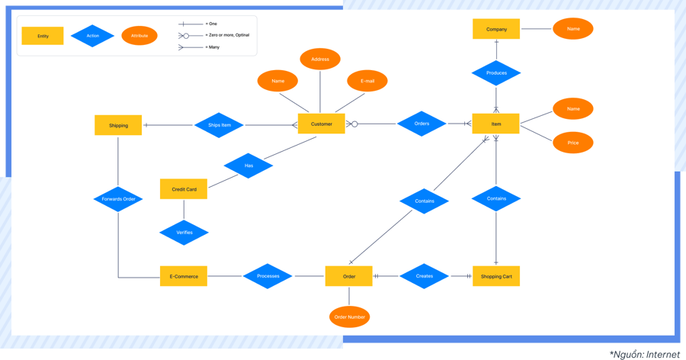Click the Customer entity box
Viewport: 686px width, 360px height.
pyautogui.click(x=321, y=124)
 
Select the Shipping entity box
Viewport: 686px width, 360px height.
pyautogui.click(x=118, y=125)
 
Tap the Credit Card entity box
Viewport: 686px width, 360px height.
pyautogui.click(x=184, y=189)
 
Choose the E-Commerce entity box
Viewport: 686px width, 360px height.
pyautogui.click(x=184, y=276)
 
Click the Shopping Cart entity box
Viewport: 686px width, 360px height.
pyautogui.click(x=496, y=276)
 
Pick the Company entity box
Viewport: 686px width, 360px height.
pyautogui.click(x=496, y=29)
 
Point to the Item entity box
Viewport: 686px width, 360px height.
pyautogui.click(x=496, y=124)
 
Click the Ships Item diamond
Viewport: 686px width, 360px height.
pyautogui.click(x=219, y=125)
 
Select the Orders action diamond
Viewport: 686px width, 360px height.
pyautogui.click(x=422, y=124)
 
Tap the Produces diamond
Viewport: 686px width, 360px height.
pyautogui.click(x=496, y=73)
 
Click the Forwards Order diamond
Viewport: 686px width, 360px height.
pyautogui.click(x=118, y=199)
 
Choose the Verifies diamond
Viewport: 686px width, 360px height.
pyautogui.click(x=184, y=233)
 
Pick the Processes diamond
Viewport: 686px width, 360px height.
pyautogui.click(x=268, y=276)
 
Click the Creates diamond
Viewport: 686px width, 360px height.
pyautogui.click(x=424, y=276)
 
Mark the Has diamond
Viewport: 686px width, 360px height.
pyautogui.click(x=248, y=166)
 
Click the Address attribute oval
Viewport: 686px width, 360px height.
pyautogui.click(x=320, y=59)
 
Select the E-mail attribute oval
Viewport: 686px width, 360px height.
pyautogui.click(x=367, y=81)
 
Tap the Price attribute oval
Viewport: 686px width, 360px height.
pyautogui.click(x=572, y=143)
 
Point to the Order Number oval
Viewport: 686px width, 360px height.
pyautogui.click(x=349, y=317)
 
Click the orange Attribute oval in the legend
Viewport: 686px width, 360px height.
pyautogui.click(x=139, y=36)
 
